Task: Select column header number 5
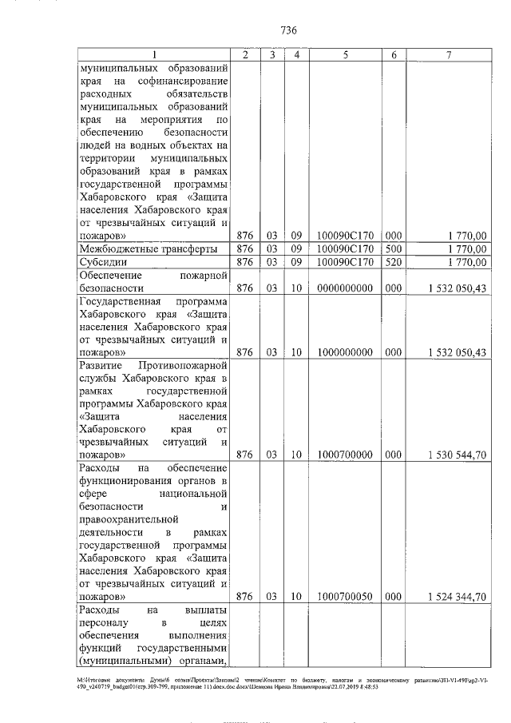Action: click(x=345, y=54)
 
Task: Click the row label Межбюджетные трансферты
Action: click(x=149, y=249)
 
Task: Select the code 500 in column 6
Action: click(x=393, y=249)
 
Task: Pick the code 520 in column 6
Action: click(x=393, y=262)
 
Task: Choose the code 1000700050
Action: click(x=345, y=596)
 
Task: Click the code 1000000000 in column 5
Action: click(x=345, y=352)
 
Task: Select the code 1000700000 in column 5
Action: click(x=345, y=454)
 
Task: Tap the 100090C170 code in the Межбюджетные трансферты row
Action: click(x=345, y=249)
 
